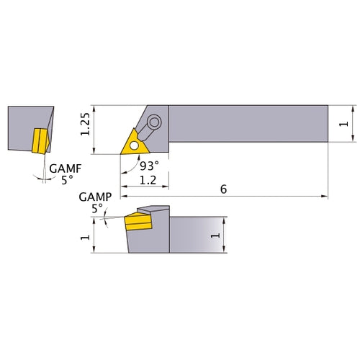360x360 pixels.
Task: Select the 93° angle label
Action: click(x=148, y=164)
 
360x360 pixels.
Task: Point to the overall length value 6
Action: click(x=223, y=189)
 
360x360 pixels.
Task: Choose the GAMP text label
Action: click(x=94, y=196)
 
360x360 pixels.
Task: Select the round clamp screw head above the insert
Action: click(x=153, y=122)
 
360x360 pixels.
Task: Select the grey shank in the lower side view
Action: click(x=196, y=235)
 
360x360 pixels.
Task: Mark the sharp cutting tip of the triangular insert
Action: click(x=120, y=153)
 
